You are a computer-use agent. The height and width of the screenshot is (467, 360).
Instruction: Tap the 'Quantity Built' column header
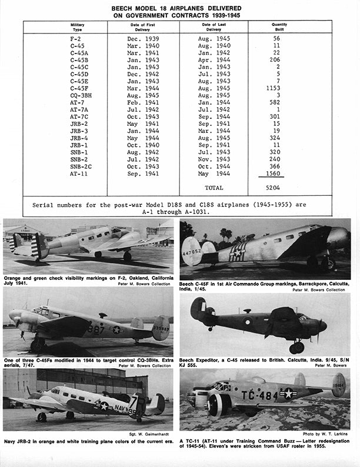[279, 26]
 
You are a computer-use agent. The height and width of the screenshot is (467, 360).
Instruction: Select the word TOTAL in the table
[214, 188]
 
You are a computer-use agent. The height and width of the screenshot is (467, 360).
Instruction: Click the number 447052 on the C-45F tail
[191, 249]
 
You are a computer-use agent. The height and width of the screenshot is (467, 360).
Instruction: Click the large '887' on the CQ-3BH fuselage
[96, 330]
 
